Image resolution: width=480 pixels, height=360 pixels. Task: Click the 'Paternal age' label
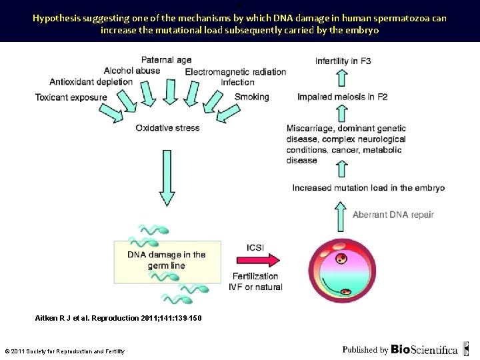point(166,60)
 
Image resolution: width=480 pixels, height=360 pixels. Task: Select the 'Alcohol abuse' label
point(132,71)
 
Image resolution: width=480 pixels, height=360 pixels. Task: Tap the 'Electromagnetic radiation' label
point(235,72)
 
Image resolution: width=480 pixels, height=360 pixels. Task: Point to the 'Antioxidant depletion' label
point(91,82)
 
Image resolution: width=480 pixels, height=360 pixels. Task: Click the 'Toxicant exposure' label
point(71,97)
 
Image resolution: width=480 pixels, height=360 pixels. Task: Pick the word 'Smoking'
point(251,97)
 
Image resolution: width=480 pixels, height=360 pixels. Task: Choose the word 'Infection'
point(237,83)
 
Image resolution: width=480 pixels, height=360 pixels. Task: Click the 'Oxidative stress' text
point(167,128)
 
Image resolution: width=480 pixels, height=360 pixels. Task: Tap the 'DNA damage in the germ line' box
point(166,260)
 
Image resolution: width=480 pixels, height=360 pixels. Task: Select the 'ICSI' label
point(255,247)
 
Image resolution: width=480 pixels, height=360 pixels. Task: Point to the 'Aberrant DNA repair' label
point(393,215)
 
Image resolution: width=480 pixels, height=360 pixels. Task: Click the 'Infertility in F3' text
point(343,61)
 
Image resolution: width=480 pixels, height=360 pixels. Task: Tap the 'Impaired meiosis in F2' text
point(342,97)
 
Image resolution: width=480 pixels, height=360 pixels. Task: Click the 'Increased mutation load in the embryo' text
point(368,188)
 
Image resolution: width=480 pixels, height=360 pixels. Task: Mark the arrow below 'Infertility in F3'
point(341,79)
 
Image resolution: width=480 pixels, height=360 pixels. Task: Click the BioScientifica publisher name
point(424,349)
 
